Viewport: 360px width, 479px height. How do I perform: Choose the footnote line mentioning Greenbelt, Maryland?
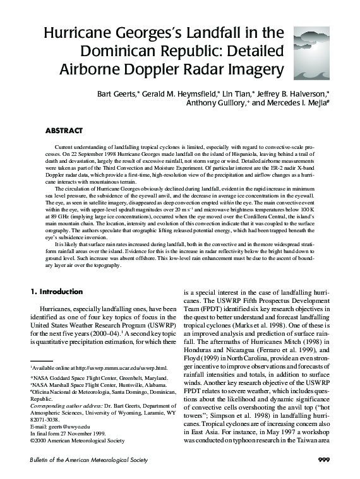coord(92,377)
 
